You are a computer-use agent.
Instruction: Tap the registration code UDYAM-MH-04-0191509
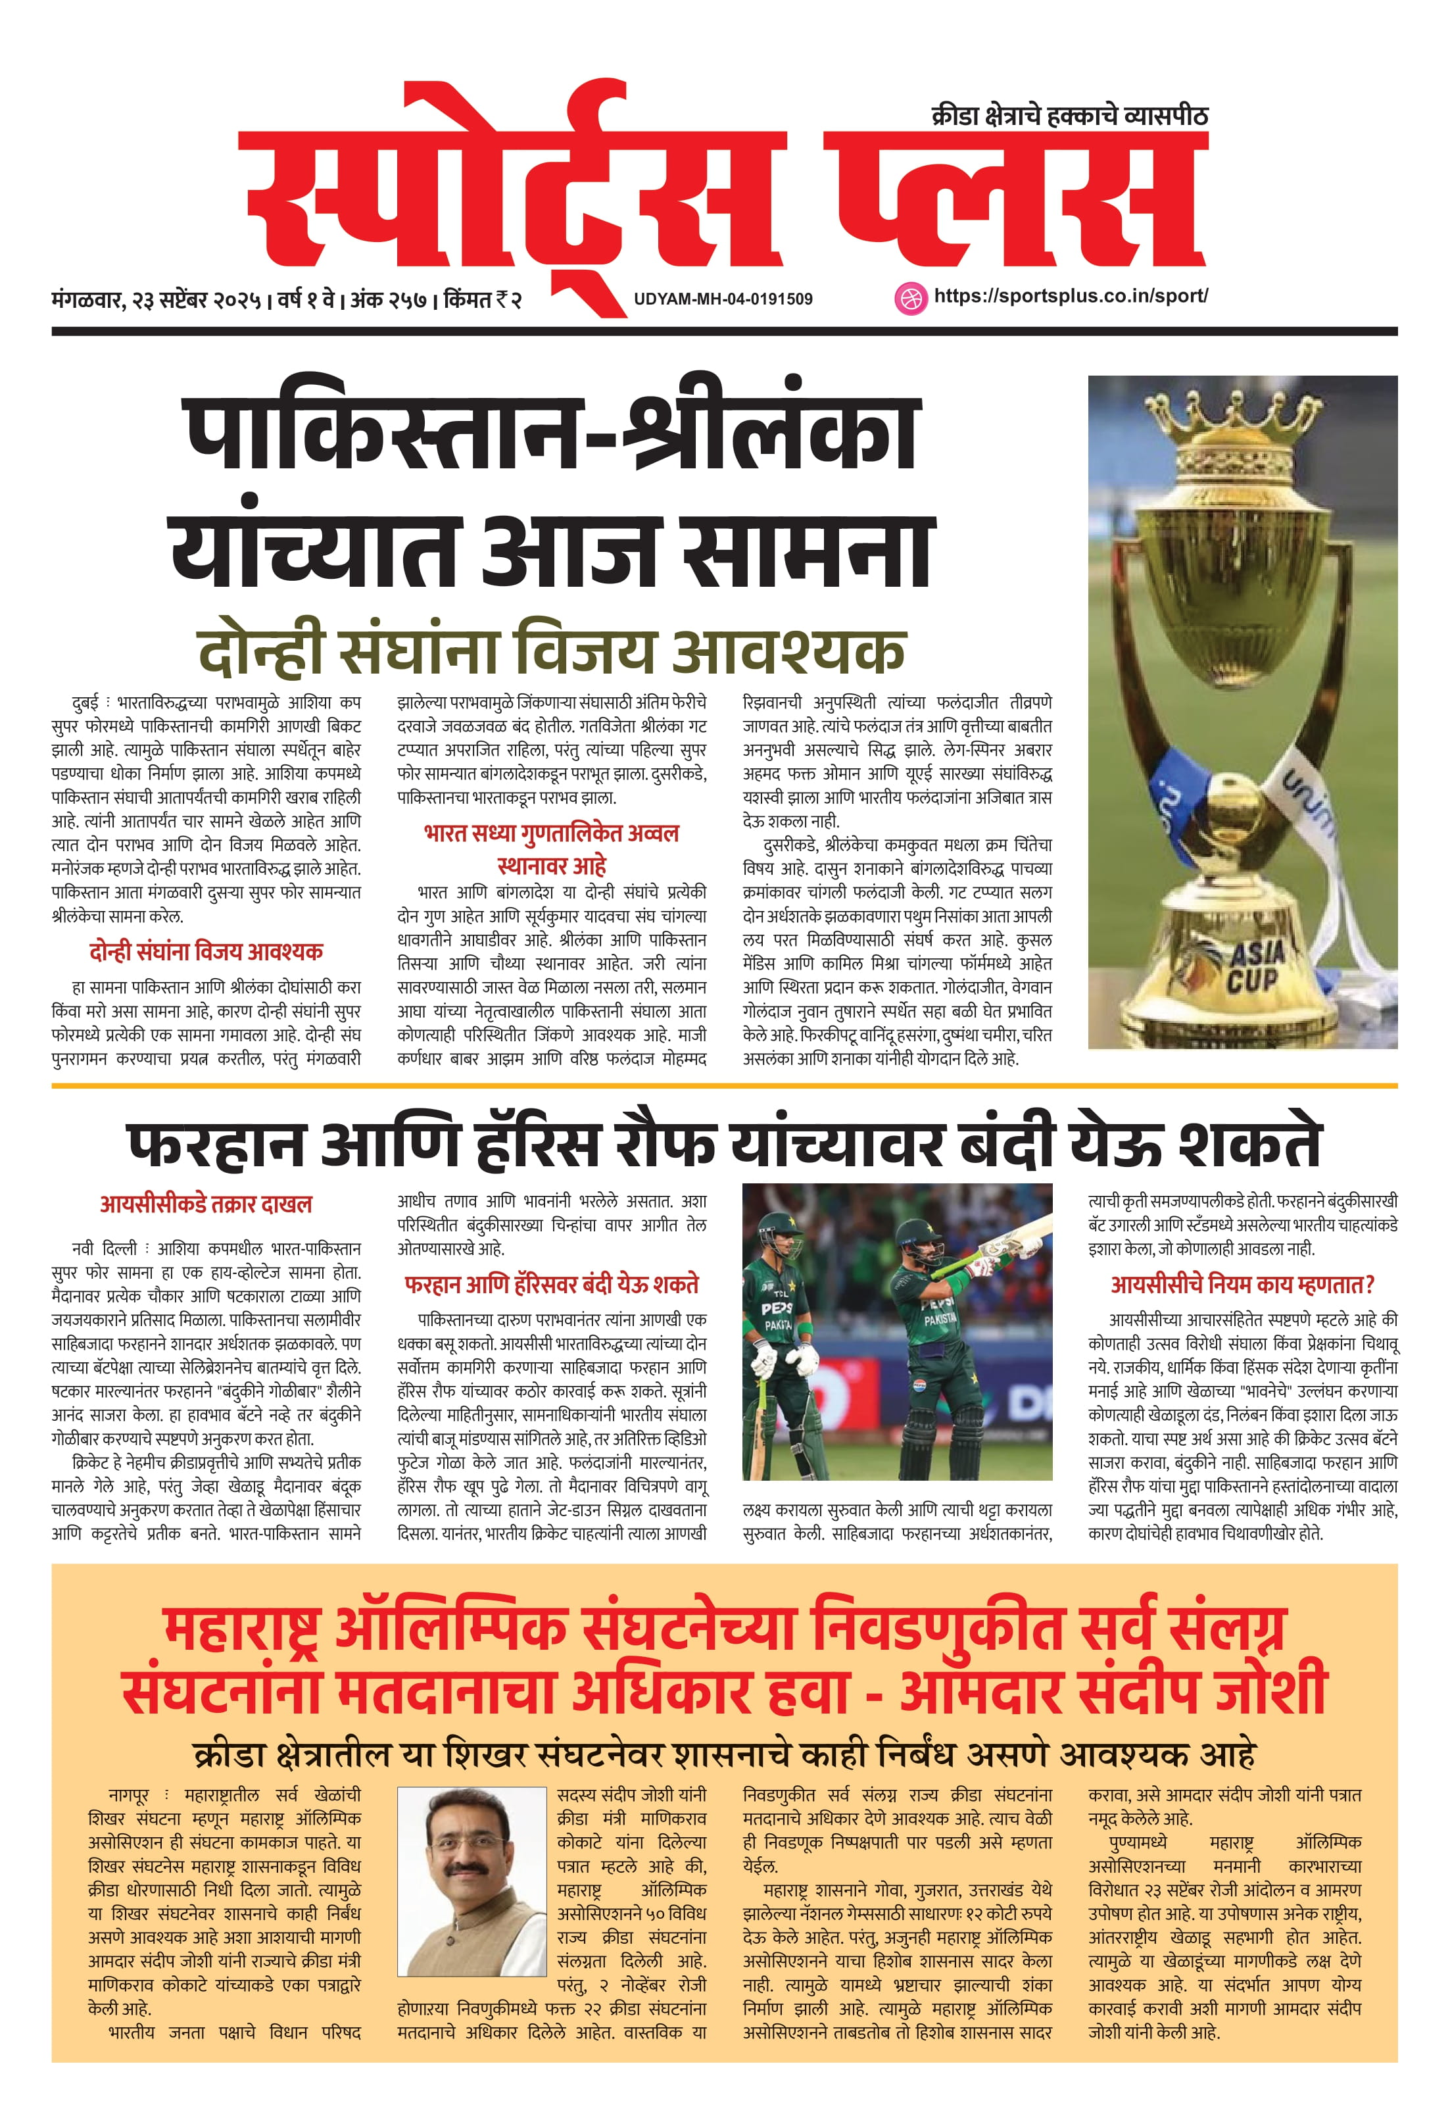point(723,299)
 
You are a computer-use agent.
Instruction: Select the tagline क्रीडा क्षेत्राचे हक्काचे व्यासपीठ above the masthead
point(1069,116)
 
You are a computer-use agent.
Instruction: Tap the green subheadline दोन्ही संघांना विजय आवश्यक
point(551,650)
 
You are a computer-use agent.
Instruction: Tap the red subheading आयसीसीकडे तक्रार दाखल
point(206,1204)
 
